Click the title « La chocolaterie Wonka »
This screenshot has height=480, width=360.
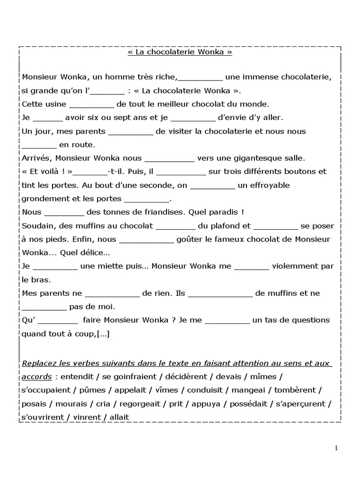[x=180, y=52]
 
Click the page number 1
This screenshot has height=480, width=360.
[x=336, y=448]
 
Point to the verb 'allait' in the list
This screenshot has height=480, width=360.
[x=119, y=417]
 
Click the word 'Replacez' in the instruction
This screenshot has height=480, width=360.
[x=40, y=364]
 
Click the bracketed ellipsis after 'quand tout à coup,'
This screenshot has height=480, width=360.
[x=103, y=334]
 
